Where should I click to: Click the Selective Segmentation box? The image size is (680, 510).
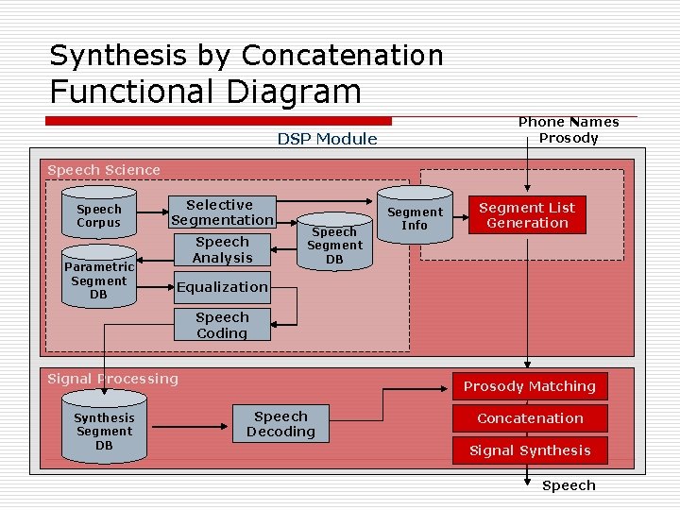click(219, 212)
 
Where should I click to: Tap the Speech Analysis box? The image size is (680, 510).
click(223, 250)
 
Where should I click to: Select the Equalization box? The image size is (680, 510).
click(222, 286)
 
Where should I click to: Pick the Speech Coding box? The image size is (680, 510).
click(222, 325)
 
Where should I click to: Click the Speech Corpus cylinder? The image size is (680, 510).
click(99, 216)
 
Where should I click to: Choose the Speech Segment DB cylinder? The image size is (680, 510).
click(334, 243)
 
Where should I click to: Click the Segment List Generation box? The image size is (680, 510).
click(527, 215)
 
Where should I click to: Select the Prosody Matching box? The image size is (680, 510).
click(529, 386)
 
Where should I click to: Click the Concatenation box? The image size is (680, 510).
click(529, 418)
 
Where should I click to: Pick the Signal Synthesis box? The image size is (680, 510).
click(529, 450)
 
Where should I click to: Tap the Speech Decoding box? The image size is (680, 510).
click(280, 424)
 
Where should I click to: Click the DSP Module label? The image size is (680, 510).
click(327, 139)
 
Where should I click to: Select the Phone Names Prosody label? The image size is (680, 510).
click(569, 129)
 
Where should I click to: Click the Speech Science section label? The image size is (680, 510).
click(104, 170)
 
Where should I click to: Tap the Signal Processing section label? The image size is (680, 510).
click(112, 379)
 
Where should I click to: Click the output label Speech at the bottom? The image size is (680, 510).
click(569, 485)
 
